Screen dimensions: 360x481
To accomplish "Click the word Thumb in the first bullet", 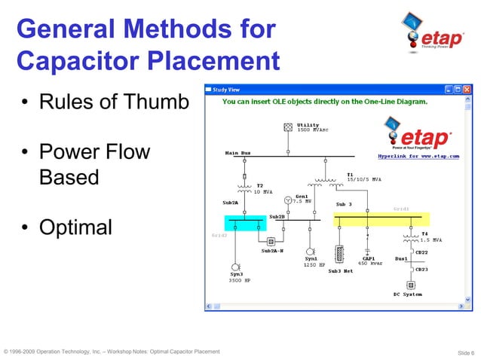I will point(158,102).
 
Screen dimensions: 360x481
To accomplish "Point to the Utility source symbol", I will point(287,127).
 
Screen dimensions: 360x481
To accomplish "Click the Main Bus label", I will point(237,153).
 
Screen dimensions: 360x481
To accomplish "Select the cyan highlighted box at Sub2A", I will point(246,221).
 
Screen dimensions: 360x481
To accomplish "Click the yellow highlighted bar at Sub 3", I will point(381,219).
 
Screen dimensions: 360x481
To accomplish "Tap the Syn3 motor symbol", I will point(235,267).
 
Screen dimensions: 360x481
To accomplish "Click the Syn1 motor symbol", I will point(309,251).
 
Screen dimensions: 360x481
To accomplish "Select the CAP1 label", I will point(369,258).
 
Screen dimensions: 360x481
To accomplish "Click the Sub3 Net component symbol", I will point(339,252).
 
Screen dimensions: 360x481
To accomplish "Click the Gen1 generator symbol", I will point(287,201).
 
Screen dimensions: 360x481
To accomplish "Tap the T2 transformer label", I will point(259,185).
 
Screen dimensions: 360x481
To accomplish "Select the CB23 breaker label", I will point(421,269).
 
